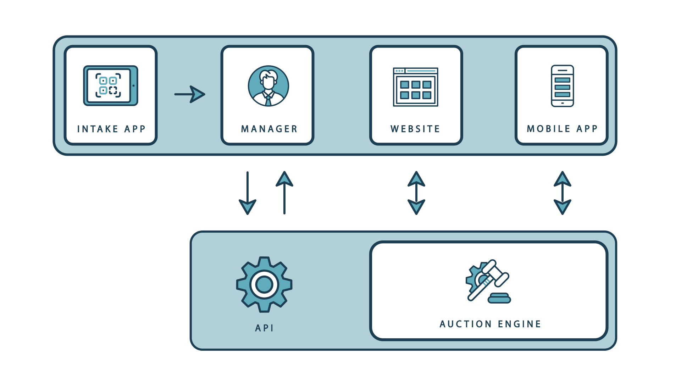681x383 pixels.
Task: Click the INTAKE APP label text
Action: pyautogui.click(x=111, y=129)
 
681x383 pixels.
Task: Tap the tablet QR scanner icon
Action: pyautogui.click(x=111, y=85)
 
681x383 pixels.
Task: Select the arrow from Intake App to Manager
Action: pyautogui.click(x=190, y=94)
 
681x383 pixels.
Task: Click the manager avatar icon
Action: pyautogui.click(x=268, y=86)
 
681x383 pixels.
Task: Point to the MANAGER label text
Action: pyautogui.click(x=269, y=129)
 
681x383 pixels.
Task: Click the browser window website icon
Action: pyautogui.click(x=416, y=87)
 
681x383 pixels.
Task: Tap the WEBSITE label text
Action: pyautogui.click(x=415, y=129)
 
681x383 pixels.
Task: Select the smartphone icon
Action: pyautogui.click(x=563, y=86)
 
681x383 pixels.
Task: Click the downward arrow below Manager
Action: pyautogui.click(x=248, y=193)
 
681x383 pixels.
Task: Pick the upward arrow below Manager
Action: pyautogui.click(x=284, y=193)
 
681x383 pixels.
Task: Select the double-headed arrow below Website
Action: pyautogui.click(x=416, y=193)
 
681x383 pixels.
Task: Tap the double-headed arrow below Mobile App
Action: pyautogui.click(x=563, y=193)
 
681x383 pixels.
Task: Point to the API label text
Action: pyautogui.click(x=264, y=328)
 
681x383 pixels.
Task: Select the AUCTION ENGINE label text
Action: pyautogui.click(x=490, y=324)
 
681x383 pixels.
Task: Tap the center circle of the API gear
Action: pyautogui.click(x=264, y=284)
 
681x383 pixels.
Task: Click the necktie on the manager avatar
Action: pyautogui.click(x=268, y=100)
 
